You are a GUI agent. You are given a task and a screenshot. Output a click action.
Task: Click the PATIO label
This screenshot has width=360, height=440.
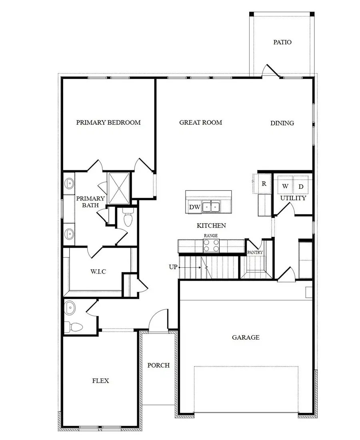click(282, 42)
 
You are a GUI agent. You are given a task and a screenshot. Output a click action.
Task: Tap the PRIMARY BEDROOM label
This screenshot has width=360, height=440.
click(108, 122)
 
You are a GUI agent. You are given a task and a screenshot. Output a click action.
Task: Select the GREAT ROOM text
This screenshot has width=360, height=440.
click(200, 122)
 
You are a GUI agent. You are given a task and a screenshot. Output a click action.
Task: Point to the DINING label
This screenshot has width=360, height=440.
click(282, 123)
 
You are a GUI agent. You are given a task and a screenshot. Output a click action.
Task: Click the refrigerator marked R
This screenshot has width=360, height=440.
click(264, 184)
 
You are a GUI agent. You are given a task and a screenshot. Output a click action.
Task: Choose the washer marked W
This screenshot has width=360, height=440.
click(285, 186)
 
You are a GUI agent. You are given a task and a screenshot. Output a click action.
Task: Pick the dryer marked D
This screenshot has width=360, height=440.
click(301, 186)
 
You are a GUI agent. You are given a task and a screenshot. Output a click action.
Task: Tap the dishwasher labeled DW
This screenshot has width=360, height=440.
click(194, 207)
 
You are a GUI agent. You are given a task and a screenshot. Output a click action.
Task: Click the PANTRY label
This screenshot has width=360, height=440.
click(255, 252)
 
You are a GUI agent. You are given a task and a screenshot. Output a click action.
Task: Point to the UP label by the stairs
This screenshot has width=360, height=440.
click(173, 266)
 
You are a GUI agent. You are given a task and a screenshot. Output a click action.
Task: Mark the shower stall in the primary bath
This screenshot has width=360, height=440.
click(119, 188)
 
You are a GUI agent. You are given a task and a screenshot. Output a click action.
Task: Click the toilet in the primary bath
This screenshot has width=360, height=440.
click(128, 219)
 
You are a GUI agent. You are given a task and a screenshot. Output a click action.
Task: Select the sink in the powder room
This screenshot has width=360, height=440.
click(70, 308)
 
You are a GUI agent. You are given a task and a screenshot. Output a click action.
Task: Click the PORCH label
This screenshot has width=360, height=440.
click(158, 365)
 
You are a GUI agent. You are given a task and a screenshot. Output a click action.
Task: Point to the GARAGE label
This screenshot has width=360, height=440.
click(246, 337)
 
